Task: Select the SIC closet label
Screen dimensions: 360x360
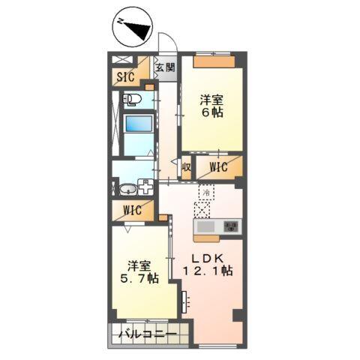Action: click(125, 76)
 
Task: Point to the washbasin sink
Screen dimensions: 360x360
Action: click(127, 188)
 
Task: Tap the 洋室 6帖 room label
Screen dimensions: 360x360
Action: click(211, 106)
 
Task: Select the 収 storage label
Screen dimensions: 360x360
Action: click(186, 167)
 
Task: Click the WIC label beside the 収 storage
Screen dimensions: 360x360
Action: click(218, 167)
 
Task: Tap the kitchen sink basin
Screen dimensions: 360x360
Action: click(205, 227)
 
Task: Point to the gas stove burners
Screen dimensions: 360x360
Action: click(230, 226)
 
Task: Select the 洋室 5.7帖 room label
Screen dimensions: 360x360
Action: click(141, 272)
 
